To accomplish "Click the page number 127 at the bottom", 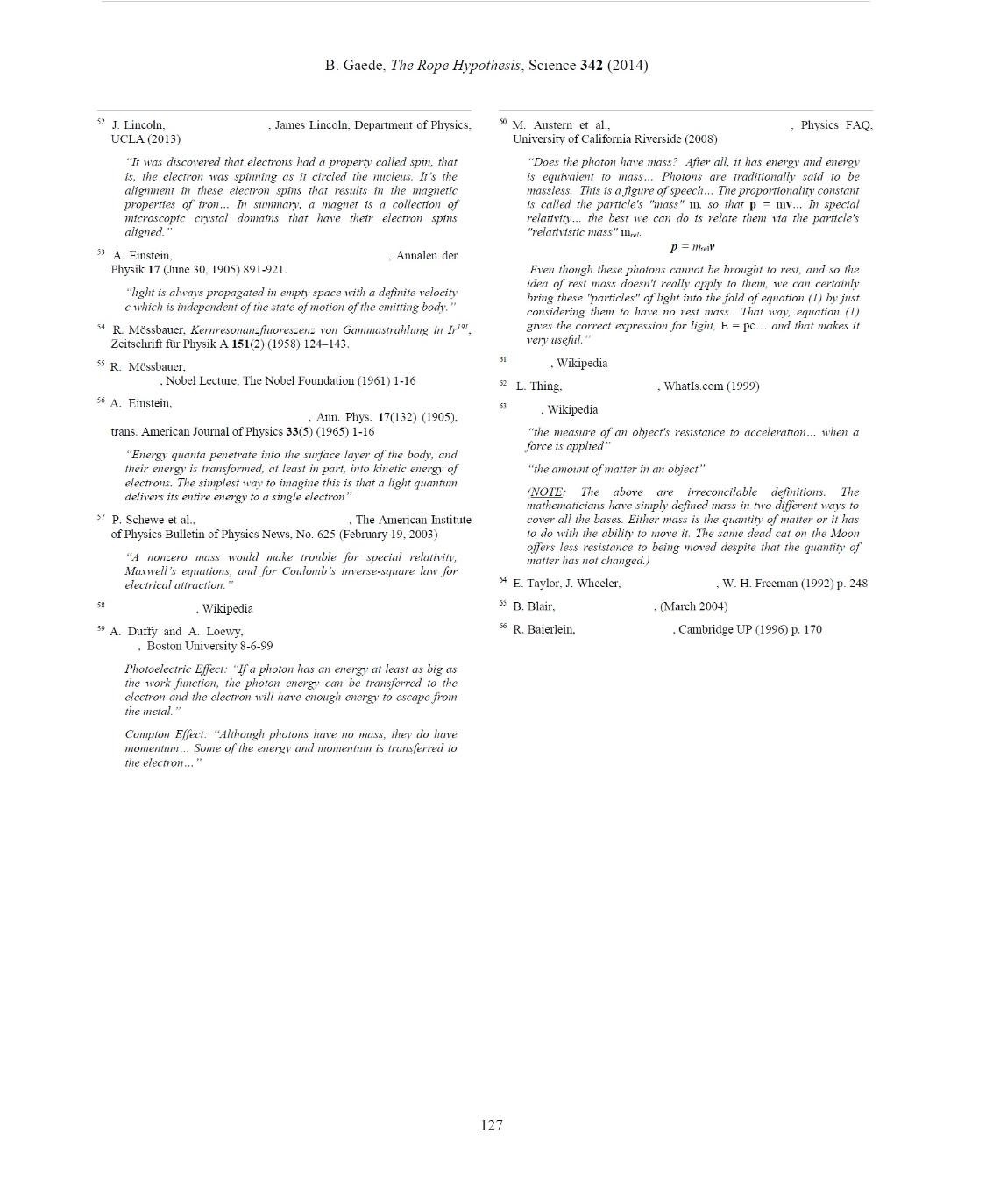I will click(x=492, y=1125).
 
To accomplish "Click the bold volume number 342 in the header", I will click(x=592, y=66).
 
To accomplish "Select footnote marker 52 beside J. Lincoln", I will click(x=101, y=123).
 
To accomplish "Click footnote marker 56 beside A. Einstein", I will click(x=101, y=400).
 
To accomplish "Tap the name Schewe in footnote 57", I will click(x=145, y=520).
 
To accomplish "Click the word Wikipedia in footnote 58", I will click(x=227, y=609).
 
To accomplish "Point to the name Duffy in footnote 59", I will click(x=143, y=632).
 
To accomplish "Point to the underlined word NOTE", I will click(x=546, y=492).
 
